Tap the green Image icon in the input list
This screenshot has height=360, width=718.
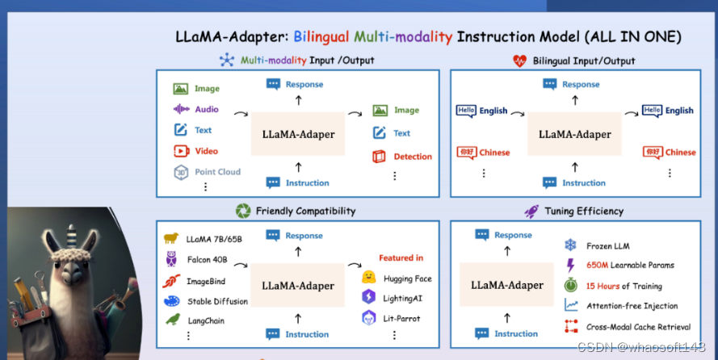tap(180, 89)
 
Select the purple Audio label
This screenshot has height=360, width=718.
tap(207, 110)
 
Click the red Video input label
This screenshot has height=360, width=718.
tap(206, 151)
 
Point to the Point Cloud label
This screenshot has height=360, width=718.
tap(217, 172)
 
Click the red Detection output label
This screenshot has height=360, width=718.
tap(413, 157)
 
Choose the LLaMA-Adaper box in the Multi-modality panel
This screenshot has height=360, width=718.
tap(298, 134)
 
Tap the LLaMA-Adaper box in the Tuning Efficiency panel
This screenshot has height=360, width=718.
tap(507, 285)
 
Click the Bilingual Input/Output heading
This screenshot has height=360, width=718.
tap(584, 61)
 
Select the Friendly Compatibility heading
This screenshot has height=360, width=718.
tap(305, 211)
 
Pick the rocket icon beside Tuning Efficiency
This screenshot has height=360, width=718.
tap(531, 211)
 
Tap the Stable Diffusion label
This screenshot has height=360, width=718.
tap(217, 301)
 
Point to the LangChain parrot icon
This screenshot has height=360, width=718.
tap(171, 320)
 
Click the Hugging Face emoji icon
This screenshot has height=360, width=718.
tap(369, 278)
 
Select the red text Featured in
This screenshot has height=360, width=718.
tap(401, 258)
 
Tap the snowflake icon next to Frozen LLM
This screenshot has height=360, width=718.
tap(571, 245)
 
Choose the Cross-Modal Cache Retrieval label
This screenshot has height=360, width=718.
tap(638, 327)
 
